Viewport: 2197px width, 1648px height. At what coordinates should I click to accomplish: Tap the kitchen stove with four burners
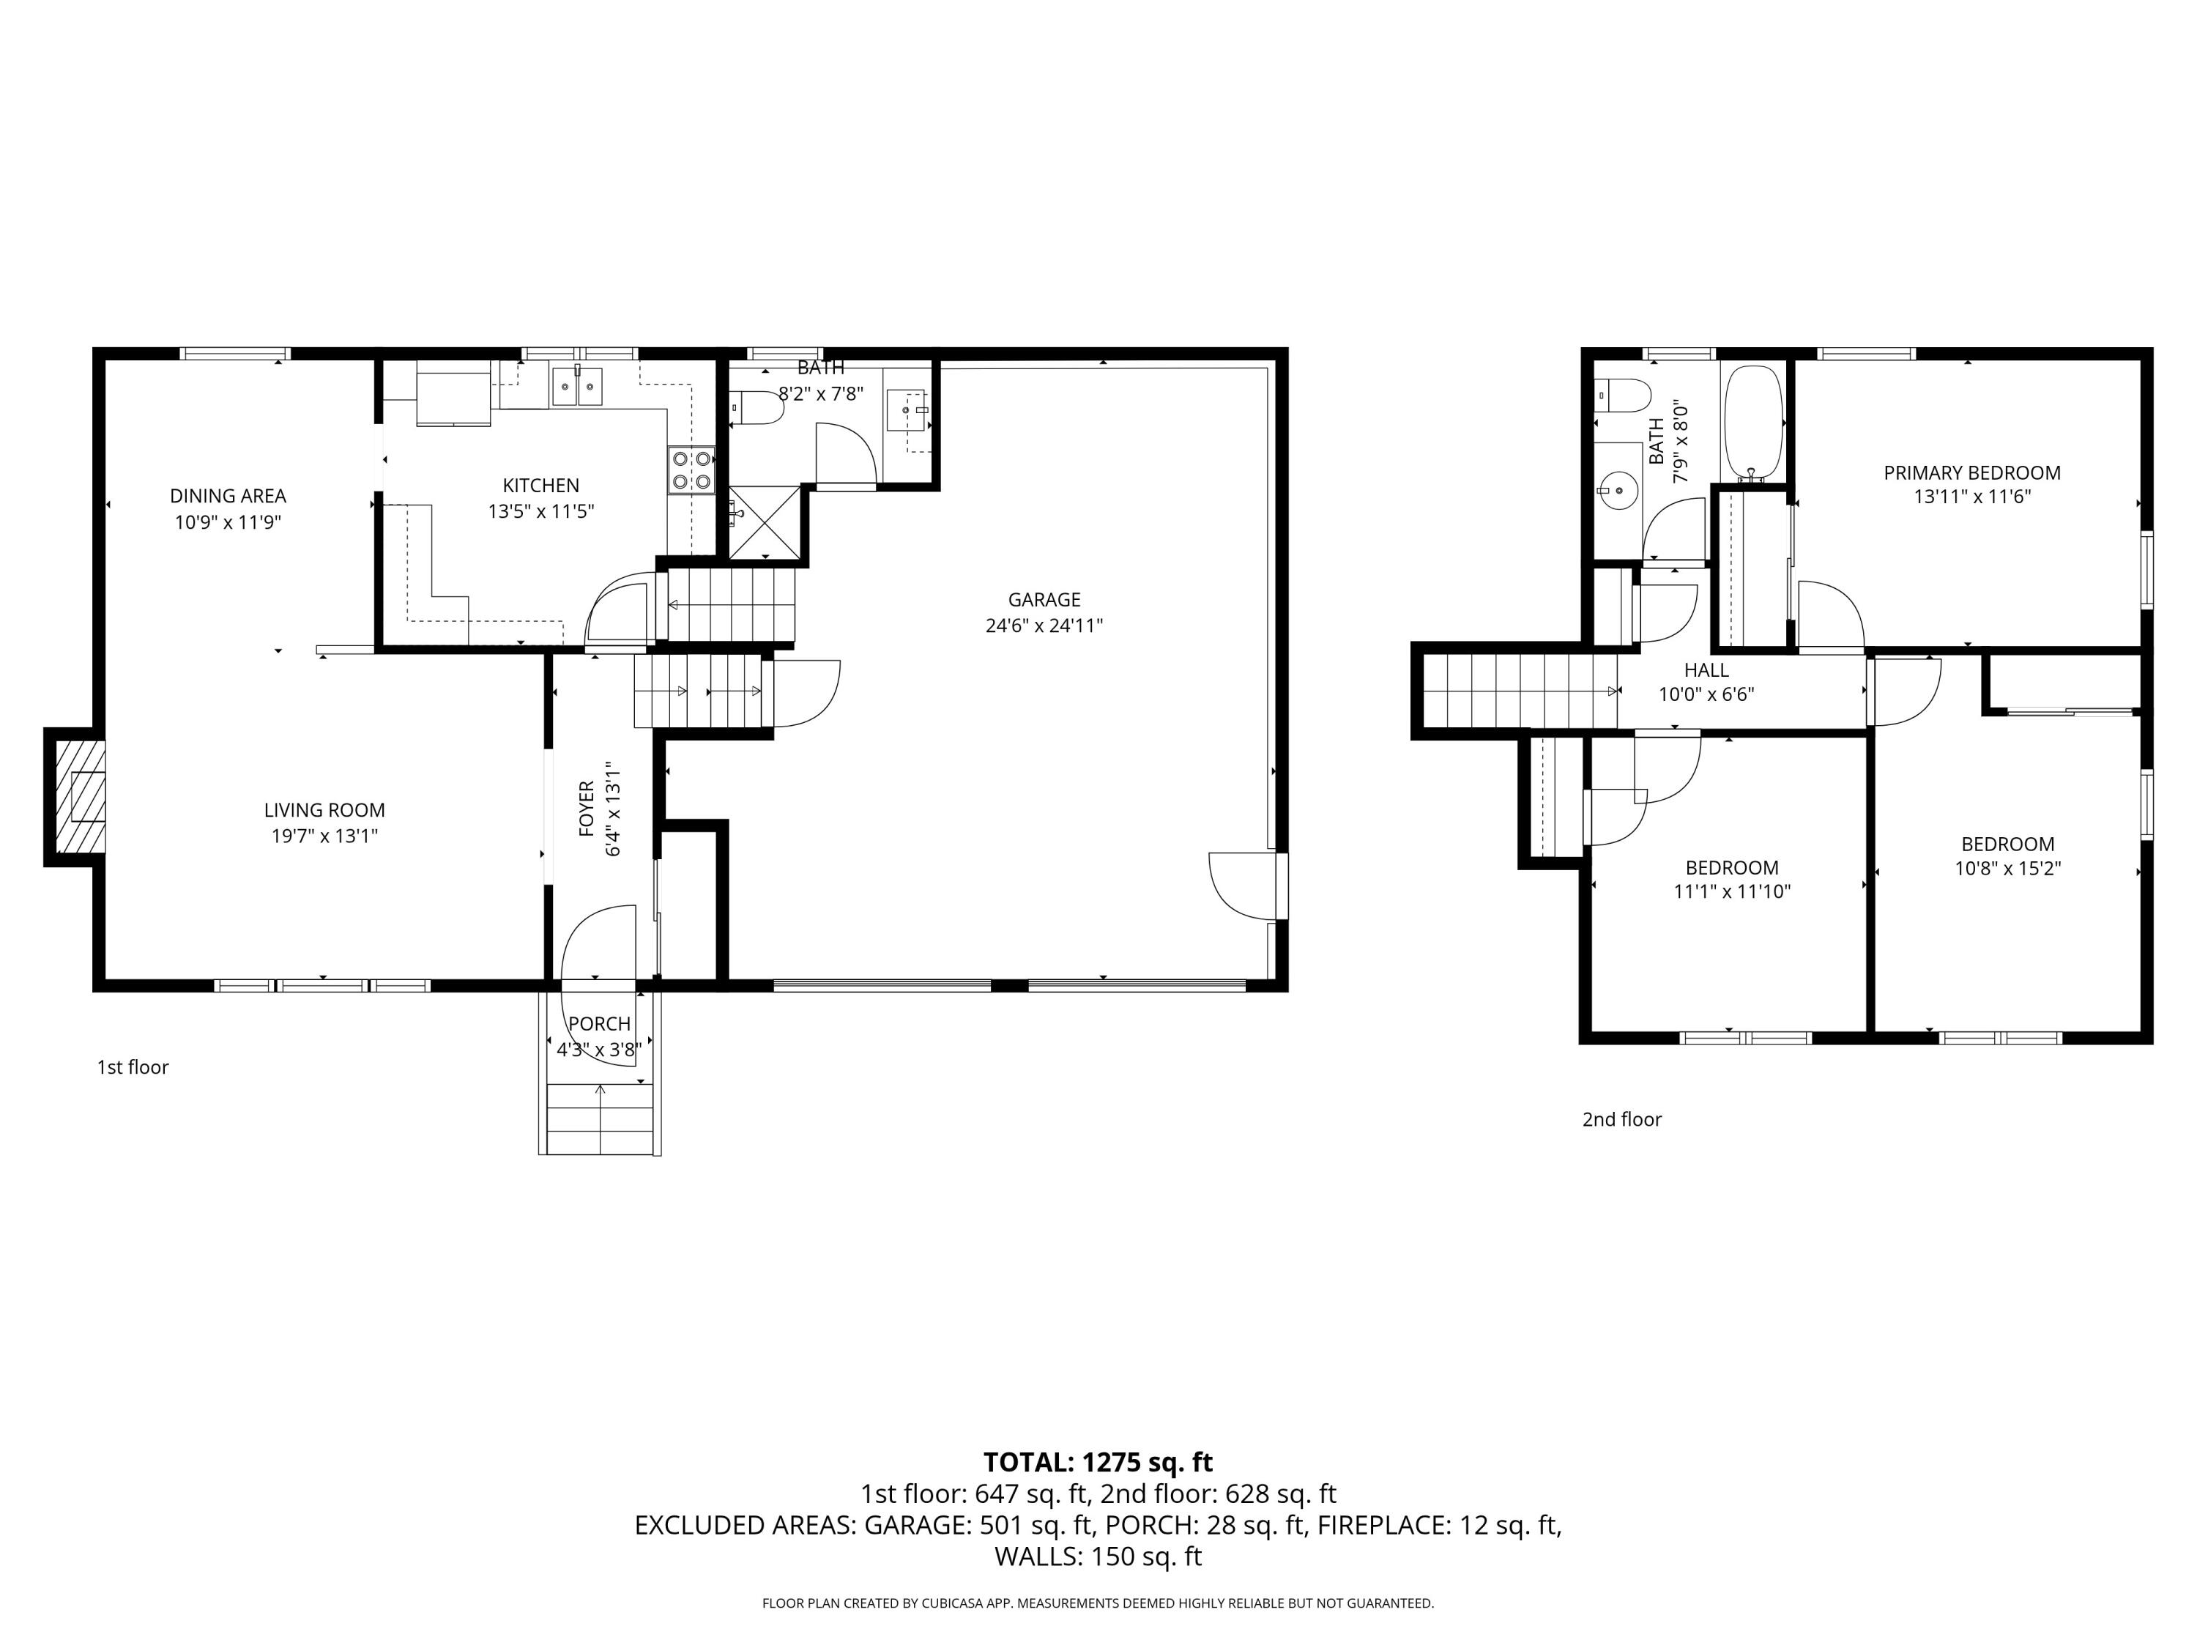pyautogui.click(x=691, y=470)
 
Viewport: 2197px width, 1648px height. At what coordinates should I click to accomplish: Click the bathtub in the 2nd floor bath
pyautogui.click(x=1754, y=420)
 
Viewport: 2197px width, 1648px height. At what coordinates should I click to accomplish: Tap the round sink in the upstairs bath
pyautogui.click(x=1619, y=489)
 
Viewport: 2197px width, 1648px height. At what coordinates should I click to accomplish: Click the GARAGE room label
pyautogui.click(x=1043, y=599)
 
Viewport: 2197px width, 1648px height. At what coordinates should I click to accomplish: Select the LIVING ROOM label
pyautogui.click(x=324, y=809)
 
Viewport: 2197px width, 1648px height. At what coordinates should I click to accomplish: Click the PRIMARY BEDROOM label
pyautogui.click(x=1971, y=473)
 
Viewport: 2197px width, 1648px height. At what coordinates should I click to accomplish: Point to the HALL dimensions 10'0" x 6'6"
pyautogui.click(x=1706, y=694)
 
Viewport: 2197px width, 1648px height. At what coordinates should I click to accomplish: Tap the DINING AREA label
pyautogui.click(x=228, y=496)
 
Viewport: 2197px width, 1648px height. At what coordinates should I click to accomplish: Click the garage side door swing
pyautogui.click(x=1241, y=885)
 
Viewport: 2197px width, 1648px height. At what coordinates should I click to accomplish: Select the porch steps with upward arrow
pyautogui.click(x=600, y=1118)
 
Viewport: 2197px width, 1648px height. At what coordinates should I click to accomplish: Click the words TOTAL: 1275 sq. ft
pyautogui.click(x=1098, y=1462)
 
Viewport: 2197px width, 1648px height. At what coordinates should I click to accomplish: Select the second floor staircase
pyautogui.click(x=1520, y=691)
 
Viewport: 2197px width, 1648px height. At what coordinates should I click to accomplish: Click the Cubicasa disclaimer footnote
pyautogui.click(x=1098, y=1603)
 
